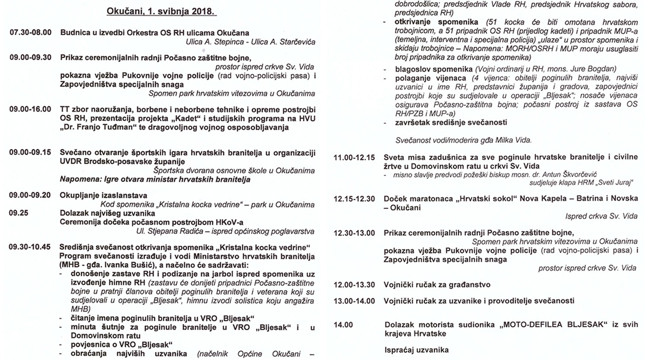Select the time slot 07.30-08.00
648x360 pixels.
tap(30, 33)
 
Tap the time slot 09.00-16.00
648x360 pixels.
tap(30, 109)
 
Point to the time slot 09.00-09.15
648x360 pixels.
tap(30, 153)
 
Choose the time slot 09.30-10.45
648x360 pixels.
tap(30, 247)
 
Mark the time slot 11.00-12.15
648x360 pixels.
tap(354, 158)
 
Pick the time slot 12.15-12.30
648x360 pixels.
tap(354, 199)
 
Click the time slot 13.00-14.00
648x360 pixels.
tap(354, 301)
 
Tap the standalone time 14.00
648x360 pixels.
tap(343, 325)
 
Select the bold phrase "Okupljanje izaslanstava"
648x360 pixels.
tap(103, 196)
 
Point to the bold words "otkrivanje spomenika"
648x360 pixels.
tap(436, 22)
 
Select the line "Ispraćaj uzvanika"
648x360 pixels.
tap(416, 350)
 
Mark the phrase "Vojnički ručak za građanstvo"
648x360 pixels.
tap(437, 285)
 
